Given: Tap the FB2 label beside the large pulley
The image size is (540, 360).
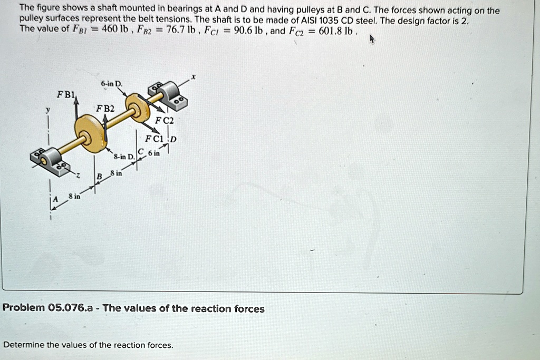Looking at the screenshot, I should click(104, 109).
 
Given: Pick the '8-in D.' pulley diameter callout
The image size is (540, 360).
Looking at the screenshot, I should click(124, 157).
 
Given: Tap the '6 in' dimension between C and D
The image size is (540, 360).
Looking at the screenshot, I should click(154, 153).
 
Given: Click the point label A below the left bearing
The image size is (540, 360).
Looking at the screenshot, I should click(53, 199).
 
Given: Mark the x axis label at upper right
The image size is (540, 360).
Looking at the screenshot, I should click(194, 77).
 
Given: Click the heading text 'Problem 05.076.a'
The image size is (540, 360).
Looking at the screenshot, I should click(48, 309).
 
